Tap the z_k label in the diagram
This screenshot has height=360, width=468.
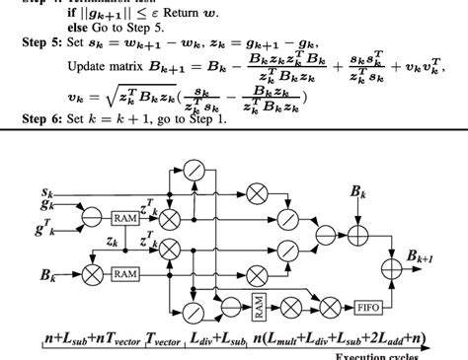(x=112, y=241)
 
